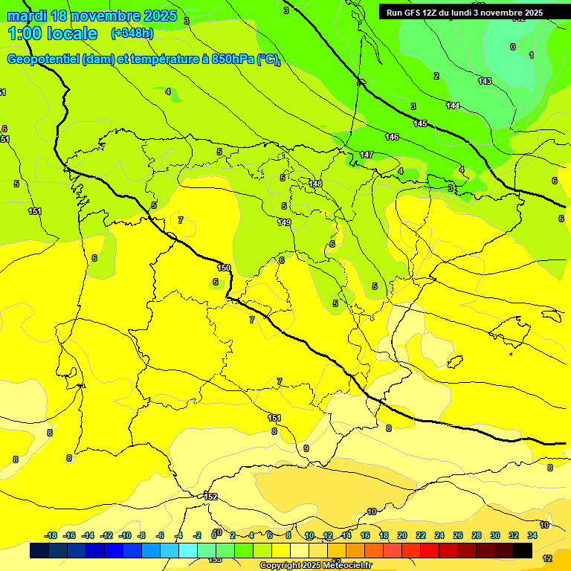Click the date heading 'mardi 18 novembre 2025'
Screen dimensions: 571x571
pyautogui.click(x=92, y=16)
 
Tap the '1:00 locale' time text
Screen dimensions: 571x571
pyautogui.click(x=52, y=33)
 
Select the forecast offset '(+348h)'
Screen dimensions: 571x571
pyautogui.click(x=132, y=33)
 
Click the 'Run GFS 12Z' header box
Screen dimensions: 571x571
pyautogui.click(x=464, y=13)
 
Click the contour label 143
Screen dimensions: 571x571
pyautogui.click(x=485, y=81)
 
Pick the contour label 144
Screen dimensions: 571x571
pyautogui.click(x=453, y=106)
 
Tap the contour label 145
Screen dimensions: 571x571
pyautogui.click(x=420, y=123)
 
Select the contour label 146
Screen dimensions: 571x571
pyautogui.click(x=392, y=137)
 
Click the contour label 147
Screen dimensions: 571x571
pyautogui.click(x=366, y=155)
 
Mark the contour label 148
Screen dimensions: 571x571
pyautogui.click(x=315, y=184)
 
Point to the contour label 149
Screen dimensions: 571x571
pyautogui.click(x=284, y=222)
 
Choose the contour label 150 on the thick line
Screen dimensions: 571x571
pyautogui.click(x=224, y=268)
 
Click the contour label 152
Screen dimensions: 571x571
pyautogui.click(x=211, y=497)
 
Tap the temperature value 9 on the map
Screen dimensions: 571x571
pyautogui.click(x=306, y=448)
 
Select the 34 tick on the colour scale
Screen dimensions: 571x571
pyautogui.click(x=532, y=535)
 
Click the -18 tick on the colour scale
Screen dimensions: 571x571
pyautogui.click(x=51, y=535)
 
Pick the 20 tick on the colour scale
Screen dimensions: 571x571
pyautogui.click(x=401, y=535)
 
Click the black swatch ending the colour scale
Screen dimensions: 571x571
pyautogui.click(x=522, y=550)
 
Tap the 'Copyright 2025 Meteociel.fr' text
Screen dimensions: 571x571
pyautogui.click(x=315, y=566)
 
